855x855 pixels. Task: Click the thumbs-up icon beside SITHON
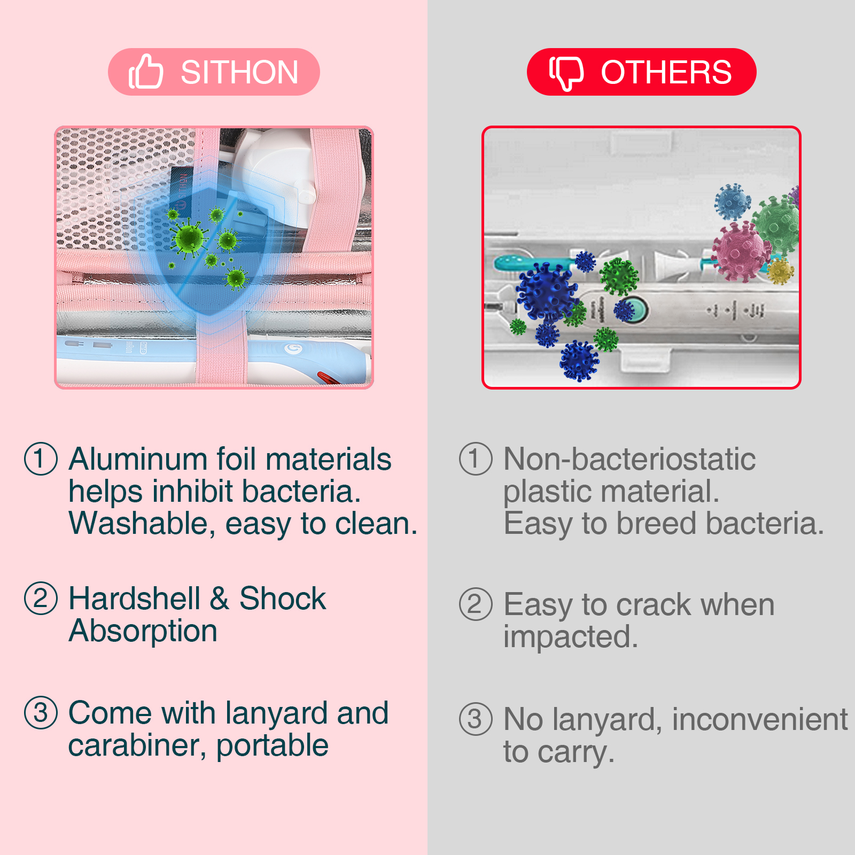point(145,71)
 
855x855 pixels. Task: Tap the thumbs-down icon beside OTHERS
point(566,73)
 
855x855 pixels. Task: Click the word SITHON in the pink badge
point(239,72)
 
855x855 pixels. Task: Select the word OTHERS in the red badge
point(666,72)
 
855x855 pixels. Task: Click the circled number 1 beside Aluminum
point(41,458)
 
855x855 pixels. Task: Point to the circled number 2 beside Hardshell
point(41,598)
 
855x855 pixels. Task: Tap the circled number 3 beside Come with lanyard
point(41,712)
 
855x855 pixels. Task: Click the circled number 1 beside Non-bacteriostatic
point(476,458)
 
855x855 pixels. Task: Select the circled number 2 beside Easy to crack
point(476,604)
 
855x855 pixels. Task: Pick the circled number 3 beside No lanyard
point(476,719)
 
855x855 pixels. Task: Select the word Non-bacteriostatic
point(629,459)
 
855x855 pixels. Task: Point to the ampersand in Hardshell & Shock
point(220,598)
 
